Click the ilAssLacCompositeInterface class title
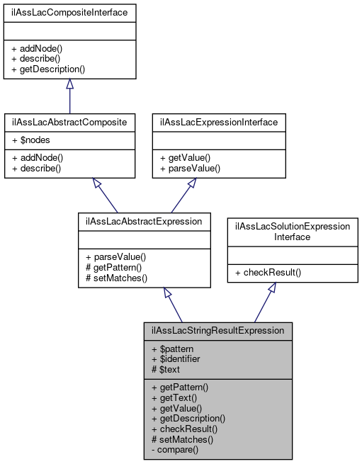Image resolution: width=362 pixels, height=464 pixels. (x=69, y=13)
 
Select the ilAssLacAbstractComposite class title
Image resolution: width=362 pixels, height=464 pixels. (x=69, y=123)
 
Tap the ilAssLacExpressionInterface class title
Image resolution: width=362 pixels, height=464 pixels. (x=219, y=123)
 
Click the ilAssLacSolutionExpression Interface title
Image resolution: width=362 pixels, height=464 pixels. (x=292, y=231)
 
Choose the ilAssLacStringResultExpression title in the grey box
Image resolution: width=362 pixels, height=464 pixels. (x=217, y=330)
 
